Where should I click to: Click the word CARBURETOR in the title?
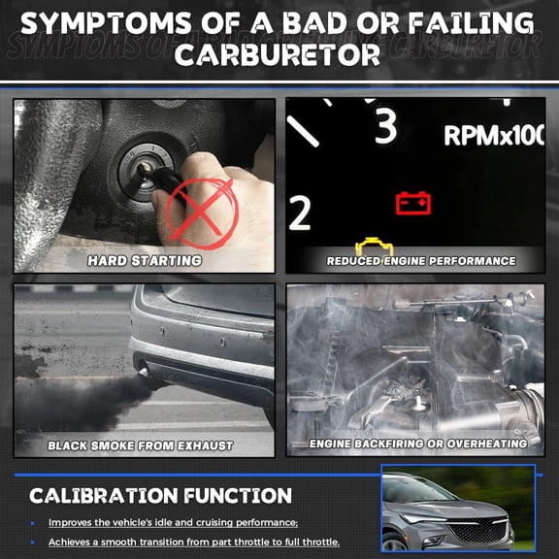click(x=278, y=55)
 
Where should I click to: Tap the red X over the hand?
click(x=201, y=214)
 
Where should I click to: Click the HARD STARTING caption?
click(x=145, y=261)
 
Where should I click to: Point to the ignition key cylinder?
click(x=146, y=172)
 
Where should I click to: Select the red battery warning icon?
click(x=413, y=203)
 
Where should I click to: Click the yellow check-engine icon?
click(x=374, y=247)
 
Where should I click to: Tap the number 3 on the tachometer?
click(x=386, y=125)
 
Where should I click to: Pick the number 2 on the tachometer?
click(x=300, y=213)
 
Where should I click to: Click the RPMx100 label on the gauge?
click(x=494, y=136)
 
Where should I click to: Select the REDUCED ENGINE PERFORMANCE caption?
click(x=421, y=261)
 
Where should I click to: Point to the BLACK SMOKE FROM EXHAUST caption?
click(x=140, y=445)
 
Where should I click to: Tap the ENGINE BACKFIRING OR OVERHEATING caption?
click(x=418, y=444)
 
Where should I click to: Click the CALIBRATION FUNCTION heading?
click(x=160, y=496)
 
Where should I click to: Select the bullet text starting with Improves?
click(x=174, y=523)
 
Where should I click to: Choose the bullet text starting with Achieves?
click(x=194, y=543)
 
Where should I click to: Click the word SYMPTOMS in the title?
click(x=106, y=23)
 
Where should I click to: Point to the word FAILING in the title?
click(x=471, y=23)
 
